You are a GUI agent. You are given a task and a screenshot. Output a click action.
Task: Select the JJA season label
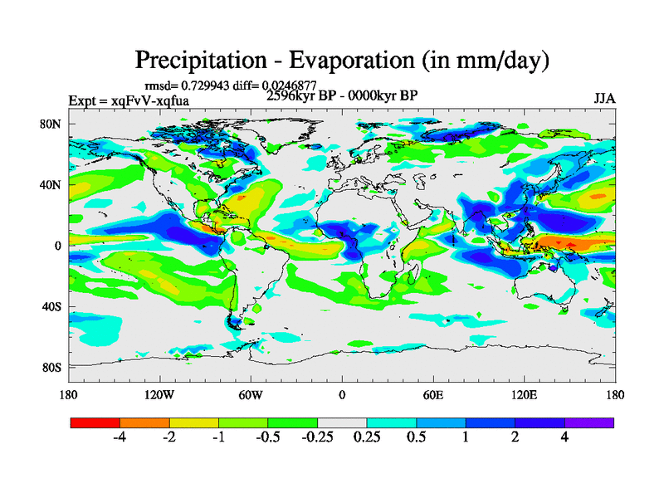[x=604, y=98]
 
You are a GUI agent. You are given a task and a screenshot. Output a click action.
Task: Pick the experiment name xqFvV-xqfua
[x=146, y=100]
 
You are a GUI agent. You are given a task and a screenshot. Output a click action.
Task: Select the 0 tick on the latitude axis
[x=58, y=246]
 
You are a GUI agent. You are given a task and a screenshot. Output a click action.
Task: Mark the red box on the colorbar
[x=95, y=422]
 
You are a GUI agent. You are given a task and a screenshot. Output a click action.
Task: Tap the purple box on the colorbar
[x=589, y=422]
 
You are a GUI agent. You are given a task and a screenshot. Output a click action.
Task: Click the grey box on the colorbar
[x=342, y=422]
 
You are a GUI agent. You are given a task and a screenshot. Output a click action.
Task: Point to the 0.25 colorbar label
[x=366, y=437]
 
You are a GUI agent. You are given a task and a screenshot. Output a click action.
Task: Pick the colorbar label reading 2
[x=515, y=437]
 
